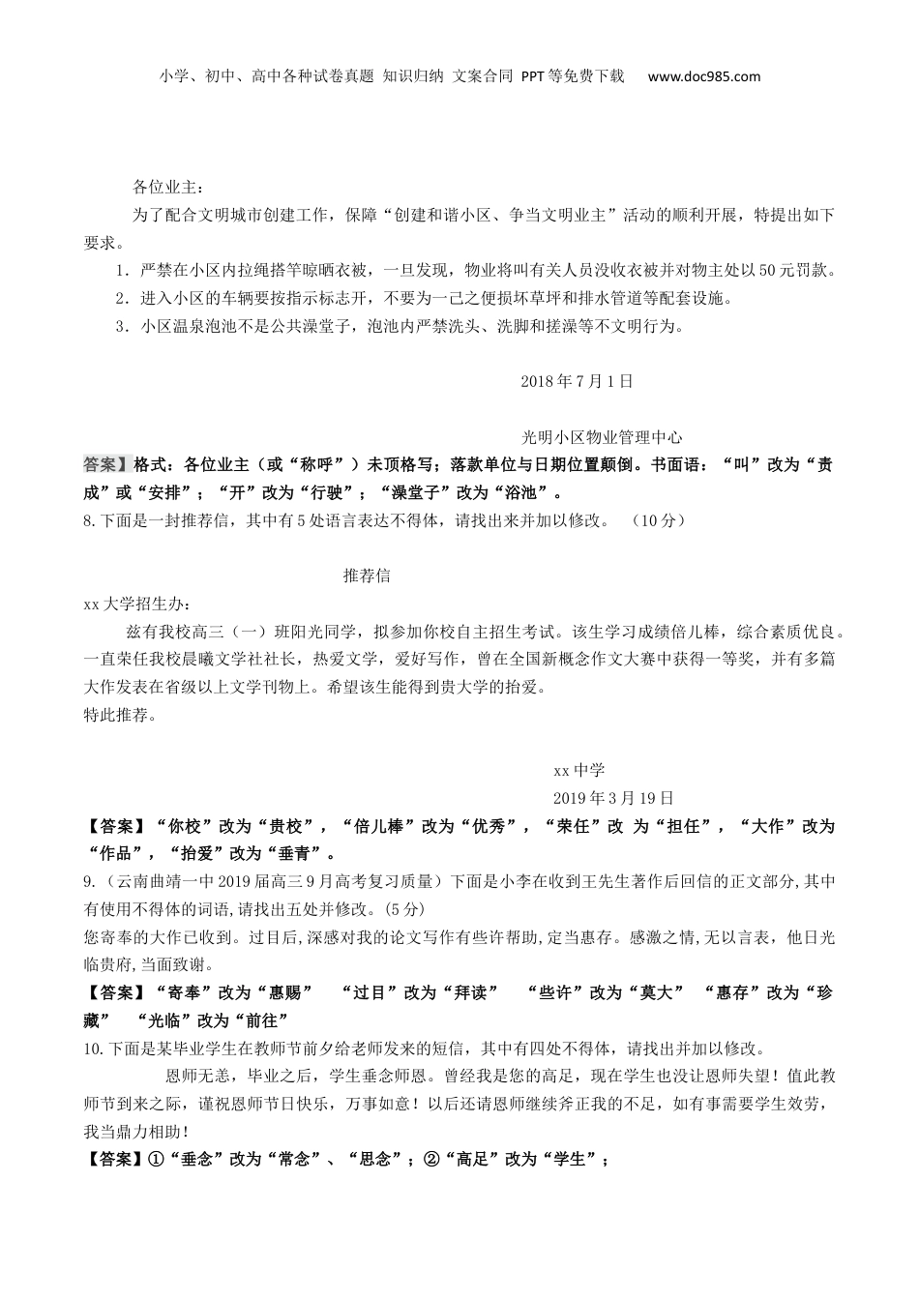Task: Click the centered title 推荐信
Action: tap(367, 576)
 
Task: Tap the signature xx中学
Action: tap(578, 770)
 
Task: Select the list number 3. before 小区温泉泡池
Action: tap(121, 326)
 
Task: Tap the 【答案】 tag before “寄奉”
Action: tap(110, 992)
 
